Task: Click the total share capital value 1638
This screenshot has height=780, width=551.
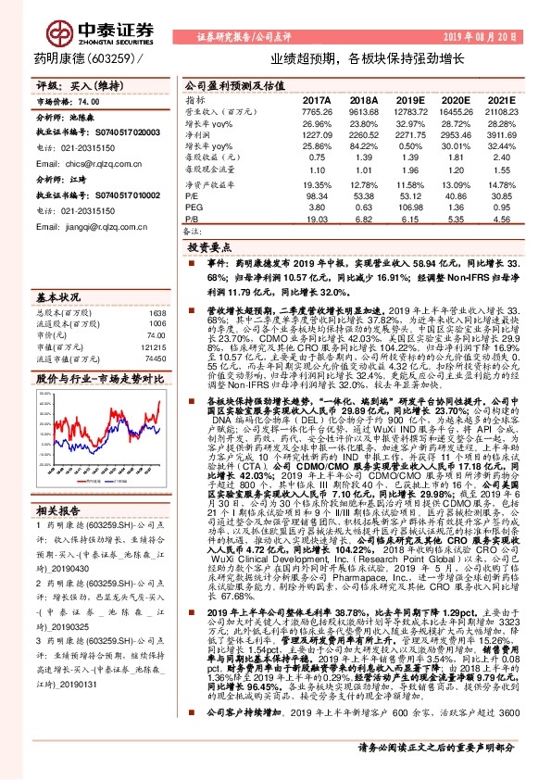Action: point(157,313)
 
